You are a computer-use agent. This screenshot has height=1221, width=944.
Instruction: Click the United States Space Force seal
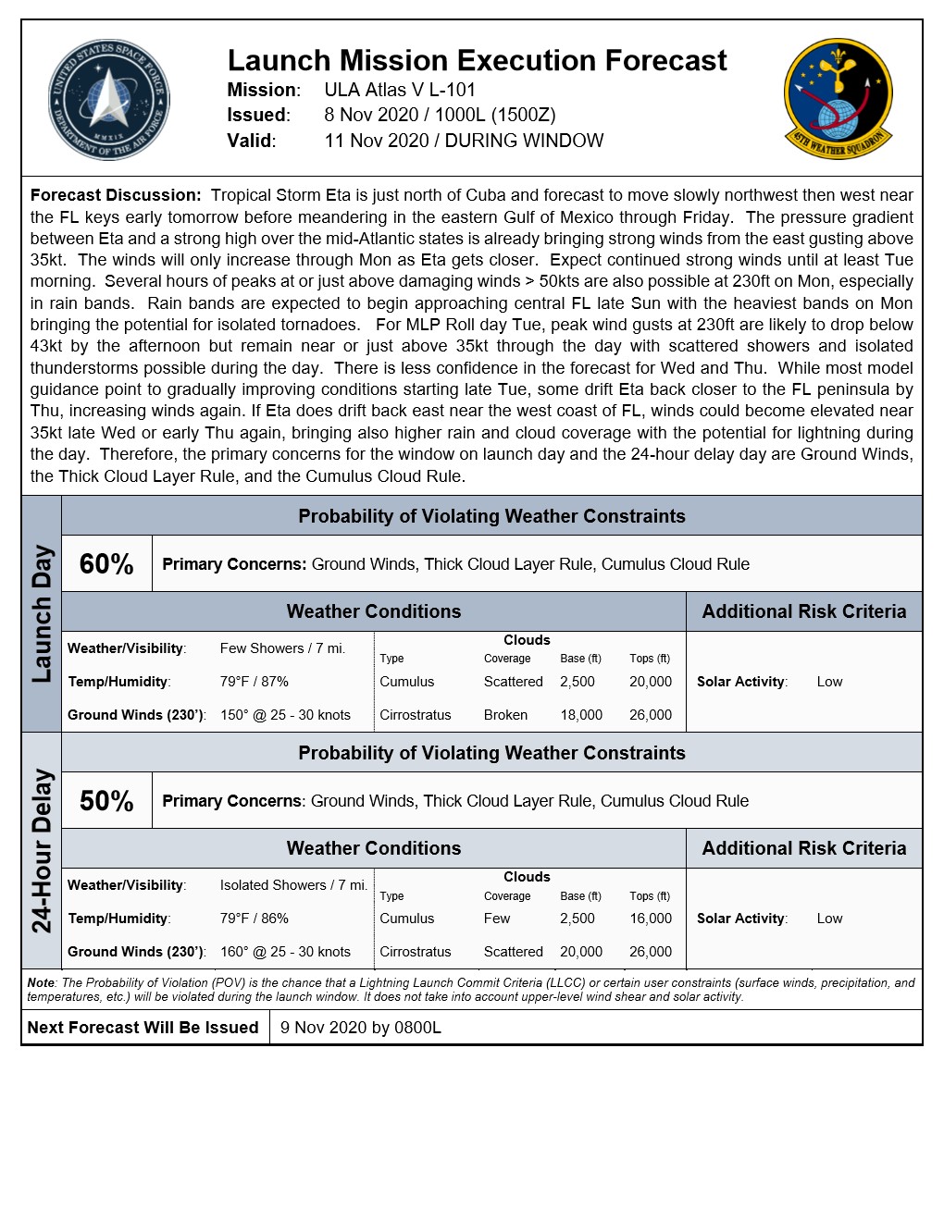point(109,100)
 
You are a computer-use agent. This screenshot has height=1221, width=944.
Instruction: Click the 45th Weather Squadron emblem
point(838,98)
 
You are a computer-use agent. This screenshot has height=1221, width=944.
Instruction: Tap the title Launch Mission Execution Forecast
point(477,61)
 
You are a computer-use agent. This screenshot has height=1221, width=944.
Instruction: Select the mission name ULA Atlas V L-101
point(400,90)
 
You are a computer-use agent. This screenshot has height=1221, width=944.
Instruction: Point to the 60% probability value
point(106,564)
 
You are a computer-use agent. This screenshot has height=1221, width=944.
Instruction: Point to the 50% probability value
point(106,801)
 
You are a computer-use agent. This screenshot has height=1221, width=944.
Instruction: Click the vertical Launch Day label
point(42,614)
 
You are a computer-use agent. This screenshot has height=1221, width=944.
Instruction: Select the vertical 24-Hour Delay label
point(42,850)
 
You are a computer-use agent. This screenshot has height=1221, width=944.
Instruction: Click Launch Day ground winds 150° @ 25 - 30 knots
point(285,715)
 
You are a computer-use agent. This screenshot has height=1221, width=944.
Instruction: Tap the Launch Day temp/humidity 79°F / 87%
point(255,682)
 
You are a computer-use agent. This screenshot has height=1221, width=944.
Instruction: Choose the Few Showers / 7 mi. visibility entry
point(282,648)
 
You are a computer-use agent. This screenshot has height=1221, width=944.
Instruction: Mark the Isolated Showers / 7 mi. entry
point(293,885)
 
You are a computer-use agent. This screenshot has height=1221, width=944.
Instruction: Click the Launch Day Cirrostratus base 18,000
point(581,715)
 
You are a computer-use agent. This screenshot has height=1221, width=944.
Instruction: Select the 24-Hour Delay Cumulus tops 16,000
point(651,919)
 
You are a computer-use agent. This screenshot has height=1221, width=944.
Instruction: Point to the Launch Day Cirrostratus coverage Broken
point(505,715)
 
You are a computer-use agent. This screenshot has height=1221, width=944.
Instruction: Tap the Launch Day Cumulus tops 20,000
point(651,682)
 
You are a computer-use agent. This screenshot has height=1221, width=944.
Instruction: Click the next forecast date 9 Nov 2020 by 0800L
point(361,1028)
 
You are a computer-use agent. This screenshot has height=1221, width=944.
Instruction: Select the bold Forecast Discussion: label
point(116,195)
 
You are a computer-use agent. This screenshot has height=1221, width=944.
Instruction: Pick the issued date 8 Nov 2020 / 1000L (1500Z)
point(440,115)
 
